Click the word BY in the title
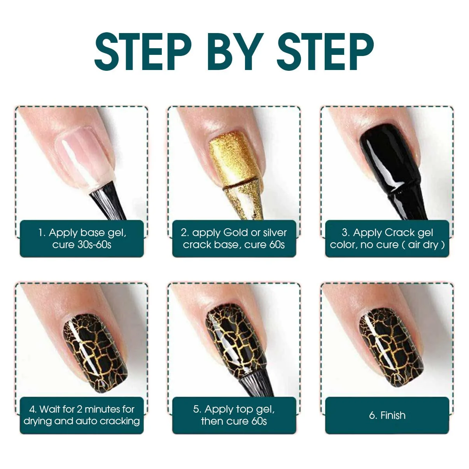(235, 52)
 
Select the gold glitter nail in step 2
(235, 158)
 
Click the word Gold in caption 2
(236, 233)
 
